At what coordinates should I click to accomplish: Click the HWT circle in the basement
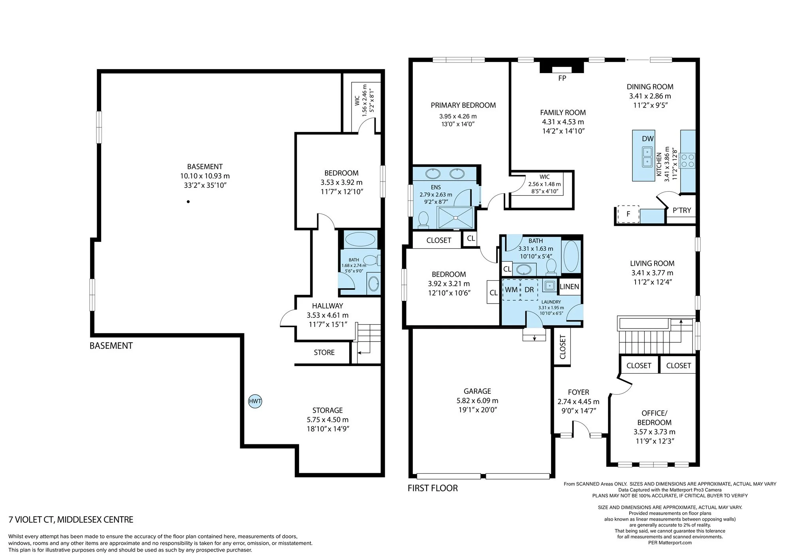(255, 401)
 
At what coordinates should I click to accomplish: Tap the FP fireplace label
(562, 78)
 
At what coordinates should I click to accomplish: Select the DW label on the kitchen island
(648, 139)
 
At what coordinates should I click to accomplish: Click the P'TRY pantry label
(682, 210)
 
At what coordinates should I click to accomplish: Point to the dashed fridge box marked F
(628, 214)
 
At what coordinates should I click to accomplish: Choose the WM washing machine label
(511, 289)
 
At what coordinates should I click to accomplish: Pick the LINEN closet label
(569, 287)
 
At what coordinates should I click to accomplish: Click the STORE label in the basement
(324, 352)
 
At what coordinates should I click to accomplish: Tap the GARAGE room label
(477, 391)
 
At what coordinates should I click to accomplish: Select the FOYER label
(578, 392)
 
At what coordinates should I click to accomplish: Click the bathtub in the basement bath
(360, 239)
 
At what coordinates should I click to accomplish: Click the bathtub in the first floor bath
(571, 255)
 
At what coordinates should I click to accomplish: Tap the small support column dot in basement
(188, 202)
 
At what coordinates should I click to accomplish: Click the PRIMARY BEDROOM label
(463, 105)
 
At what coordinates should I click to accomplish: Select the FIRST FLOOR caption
(433, 488)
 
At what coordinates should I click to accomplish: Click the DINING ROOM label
(650, 87)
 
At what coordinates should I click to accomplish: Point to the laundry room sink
(549, 285)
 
